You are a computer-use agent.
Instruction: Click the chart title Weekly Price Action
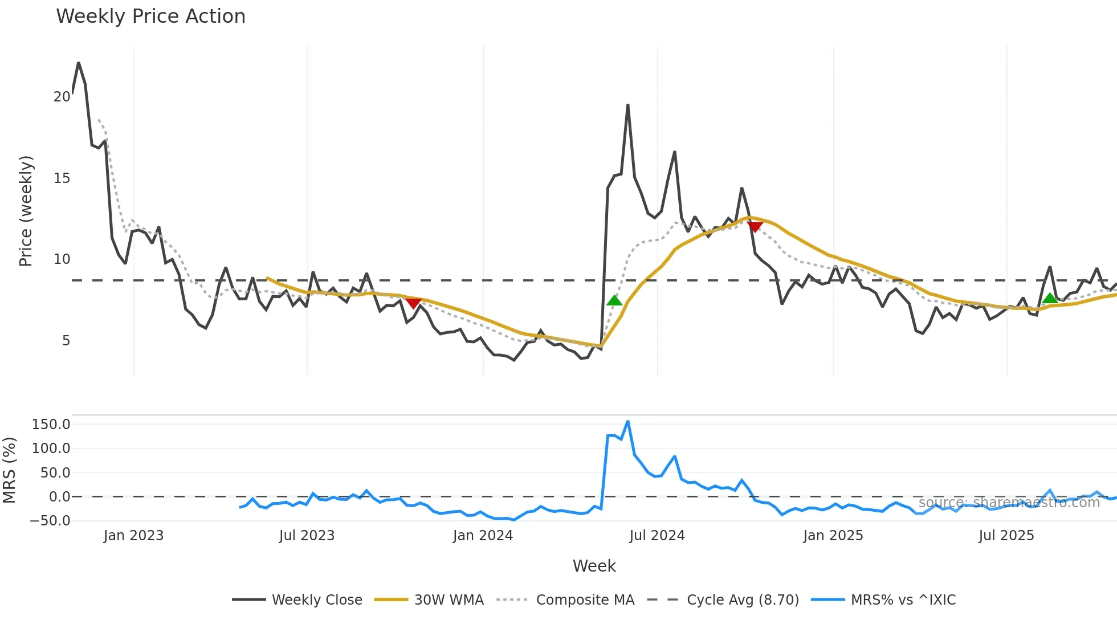click(x=150, y=17)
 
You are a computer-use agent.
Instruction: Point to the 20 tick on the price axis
click(x=62, y=97)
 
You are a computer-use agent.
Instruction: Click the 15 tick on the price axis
click(x=62, y=178)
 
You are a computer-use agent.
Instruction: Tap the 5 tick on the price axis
click(x=66, y=341)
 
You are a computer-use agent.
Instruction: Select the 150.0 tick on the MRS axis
click(x=51, y=425)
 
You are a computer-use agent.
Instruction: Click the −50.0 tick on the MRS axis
click(x=50, y=521)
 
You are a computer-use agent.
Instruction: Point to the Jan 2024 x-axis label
click(x=483, y=536)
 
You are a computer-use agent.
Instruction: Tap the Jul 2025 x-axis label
click(x=1006, y=536)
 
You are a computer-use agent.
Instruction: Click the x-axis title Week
click(x=594, y=566)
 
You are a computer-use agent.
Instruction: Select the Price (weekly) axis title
click(x=26, y=211)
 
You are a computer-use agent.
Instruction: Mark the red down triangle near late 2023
click(x=413, y=303)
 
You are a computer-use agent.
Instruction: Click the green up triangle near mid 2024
click(x=614, y=300)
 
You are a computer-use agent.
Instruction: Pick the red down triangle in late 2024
click(x=755, y=227)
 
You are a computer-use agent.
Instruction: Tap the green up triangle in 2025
click(x=1049, y=298)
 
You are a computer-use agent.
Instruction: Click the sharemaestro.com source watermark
click(x=1009, y=503)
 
